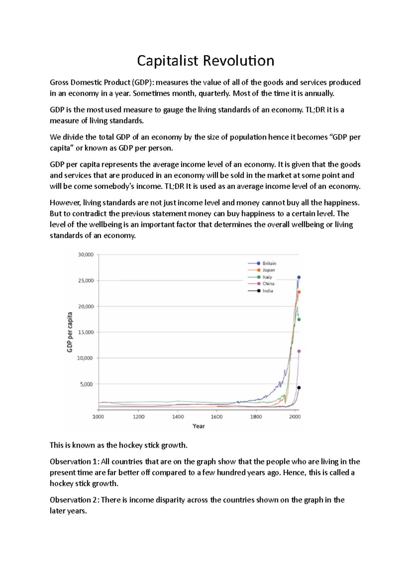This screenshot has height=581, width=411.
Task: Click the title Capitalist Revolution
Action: click(x=206, y=61)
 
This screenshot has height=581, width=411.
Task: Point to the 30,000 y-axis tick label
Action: click(x=86, y=255)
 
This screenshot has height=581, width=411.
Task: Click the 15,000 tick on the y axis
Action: click(x=86, y=332)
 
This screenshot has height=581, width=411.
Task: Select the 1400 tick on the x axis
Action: click(x=178, y=417)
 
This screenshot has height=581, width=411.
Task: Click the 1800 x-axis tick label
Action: click(x=256, y=417)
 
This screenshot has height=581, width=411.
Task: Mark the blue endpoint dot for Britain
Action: click(x=299, y=277)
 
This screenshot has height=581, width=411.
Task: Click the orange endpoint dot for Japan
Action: click(x=299, y=292)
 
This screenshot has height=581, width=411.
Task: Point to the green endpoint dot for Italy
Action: click(x=299, y=320)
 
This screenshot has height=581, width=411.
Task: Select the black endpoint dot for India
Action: click(x=299, y=388)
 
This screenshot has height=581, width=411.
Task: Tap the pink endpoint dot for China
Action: click(x=299, y=351)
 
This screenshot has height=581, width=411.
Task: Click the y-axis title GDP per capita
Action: click(x=70, y=332)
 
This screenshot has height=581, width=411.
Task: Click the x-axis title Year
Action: click(x=199, y=426)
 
